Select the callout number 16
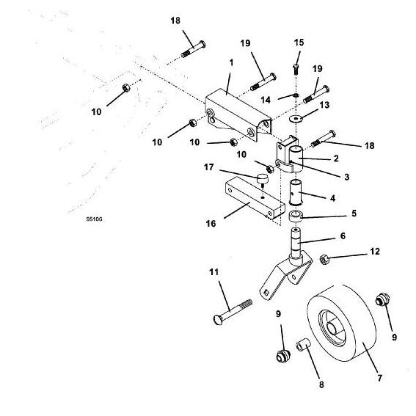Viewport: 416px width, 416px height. coord(211,223)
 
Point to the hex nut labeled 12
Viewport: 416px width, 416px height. coord(324,259)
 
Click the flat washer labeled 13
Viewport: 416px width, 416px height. coord(296,118)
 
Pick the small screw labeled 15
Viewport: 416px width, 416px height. coord(296,69)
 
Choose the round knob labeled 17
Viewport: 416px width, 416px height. coord(263,178)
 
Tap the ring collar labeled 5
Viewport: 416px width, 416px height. coord(296,216)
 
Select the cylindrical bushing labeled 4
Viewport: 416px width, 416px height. coord(296,193)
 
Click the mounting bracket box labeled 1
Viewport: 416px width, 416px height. coord(238,114)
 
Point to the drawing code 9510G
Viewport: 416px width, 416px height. coord(94,219)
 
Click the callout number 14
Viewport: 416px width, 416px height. coord(266,100)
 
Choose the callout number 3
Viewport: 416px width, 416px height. coord(347,177)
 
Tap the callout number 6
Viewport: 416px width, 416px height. coord(343,236)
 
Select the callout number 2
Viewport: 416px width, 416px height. coord(336,158)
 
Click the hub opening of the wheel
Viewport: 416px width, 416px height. coord(332,328)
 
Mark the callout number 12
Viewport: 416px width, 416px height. coord(375,251)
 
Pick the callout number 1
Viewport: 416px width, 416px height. coord(231,62)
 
